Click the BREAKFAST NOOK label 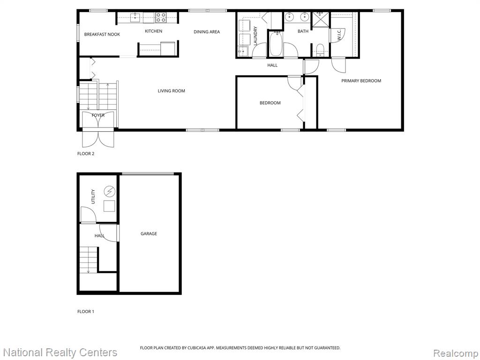click(x=102, y=34)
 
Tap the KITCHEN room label click(x=153, y=31)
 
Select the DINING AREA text click(x=207, y=31)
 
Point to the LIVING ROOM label click(x=172, y=90)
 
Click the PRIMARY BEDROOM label click(x=361, y=81)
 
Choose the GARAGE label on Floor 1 click(x=149, y=233)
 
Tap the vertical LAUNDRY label click(x=255, y=36)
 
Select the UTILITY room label click(x=93, y=196)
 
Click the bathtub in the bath click(x=276, y=44)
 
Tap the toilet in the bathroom click(x=320, y=50)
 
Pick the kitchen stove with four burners click(x=161, y=17)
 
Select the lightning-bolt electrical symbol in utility click(x=109, y=192)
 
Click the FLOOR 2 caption click(x=86, y=154)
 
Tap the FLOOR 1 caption click(x=86, y=312)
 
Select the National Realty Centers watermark click(x=60, y=352)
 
